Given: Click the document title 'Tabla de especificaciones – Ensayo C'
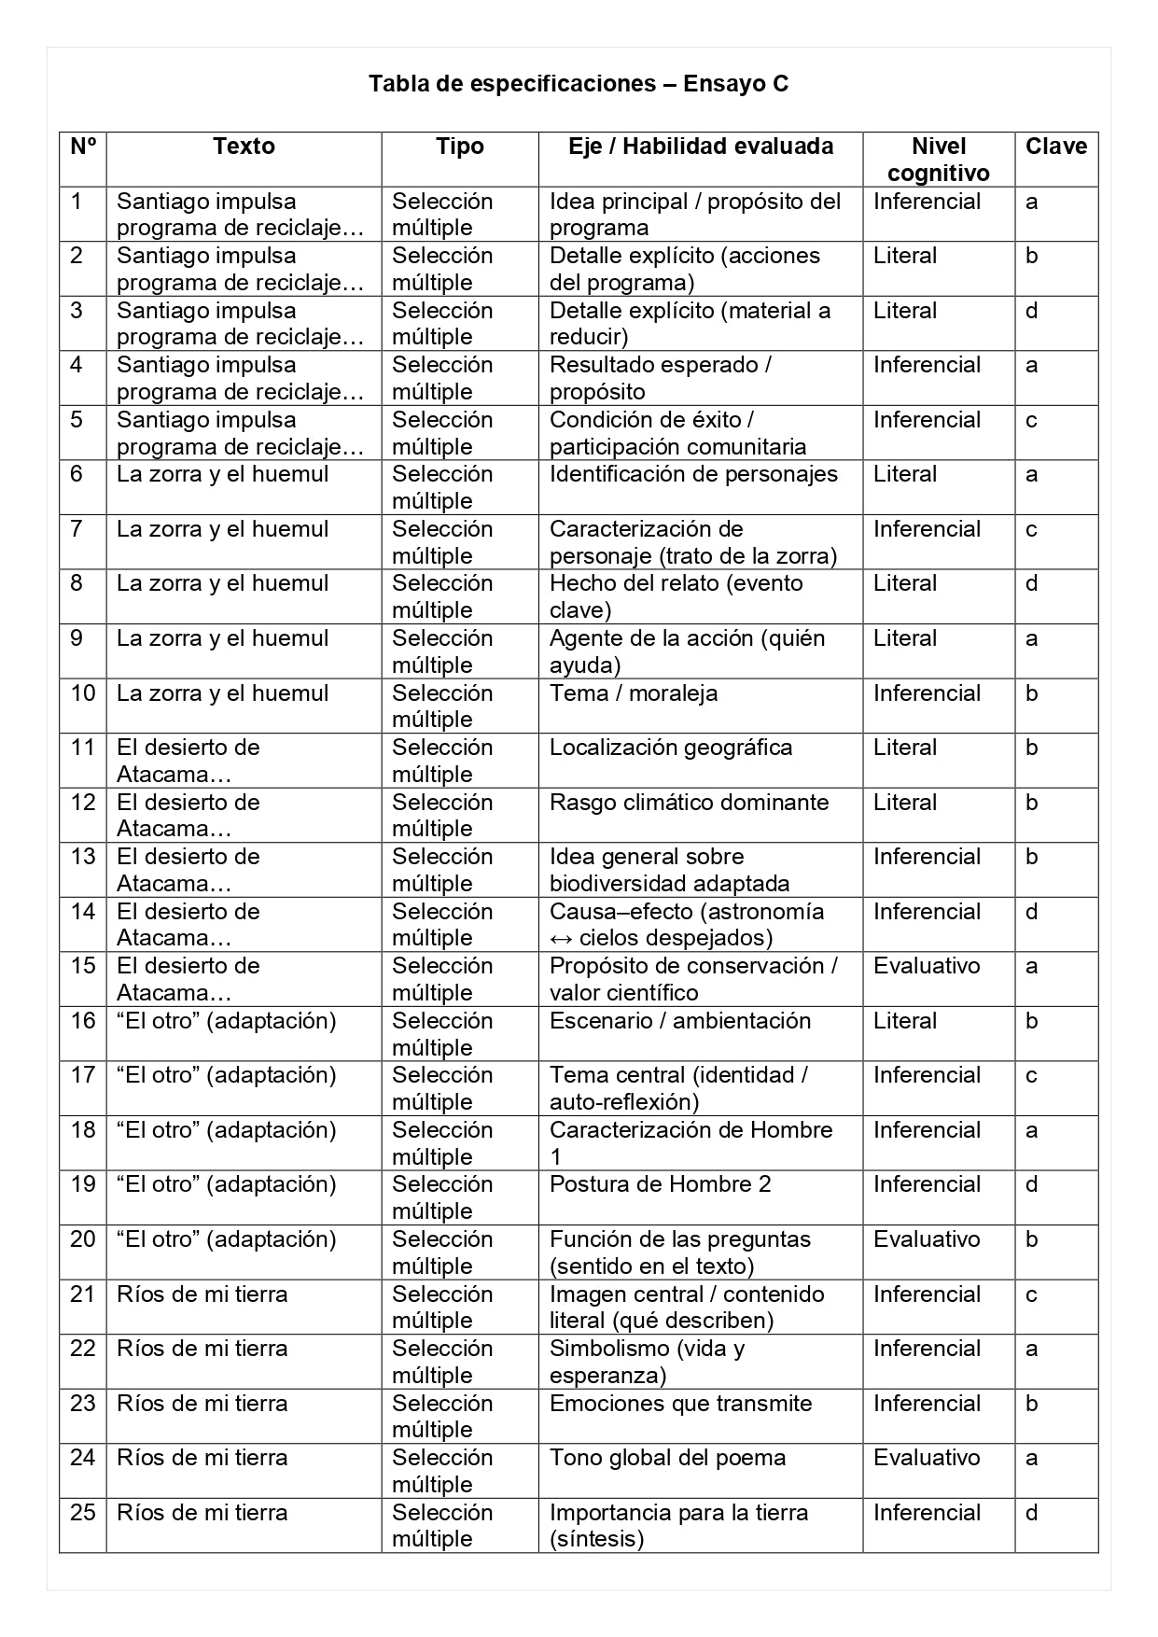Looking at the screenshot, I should pos(579,84).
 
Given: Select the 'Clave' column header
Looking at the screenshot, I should pos(1055,147).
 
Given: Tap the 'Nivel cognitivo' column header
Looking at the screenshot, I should pos(938,160).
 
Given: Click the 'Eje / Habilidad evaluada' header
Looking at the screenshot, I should pos(700,147).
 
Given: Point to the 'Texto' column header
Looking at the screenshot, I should pos(244,147).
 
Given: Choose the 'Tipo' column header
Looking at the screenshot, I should pos(459,147).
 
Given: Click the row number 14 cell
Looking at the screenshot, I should pos(83,912).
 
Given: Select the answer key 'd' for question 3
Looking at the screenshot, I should pos(1031,311).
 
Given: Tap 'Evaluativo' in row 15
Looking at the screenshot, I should pos(927,966).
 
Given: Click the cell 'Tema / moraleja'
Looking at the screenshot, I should pos(633,693).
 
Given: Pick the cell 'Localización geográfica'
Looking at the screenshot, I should pos(670,748).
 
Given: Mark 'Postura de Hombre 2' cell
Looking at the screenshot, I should pos(660,1184).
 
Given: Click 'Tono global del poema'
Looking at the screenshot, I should pos(667,1458).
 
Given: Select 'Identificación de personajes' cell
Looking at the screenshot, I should pos(693,474).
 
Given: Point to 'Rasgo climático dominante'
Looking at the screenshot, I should pos(689,803).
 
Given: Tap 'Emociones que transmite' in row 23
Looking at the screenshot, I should pos(680,1404).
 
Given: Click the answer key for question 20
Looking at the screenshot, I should pos(1031,1239).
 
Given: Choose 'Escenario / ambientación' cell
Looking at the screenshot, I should pos(679,1021).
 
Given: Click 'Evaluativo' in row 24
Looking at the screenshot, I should pos(927,1458).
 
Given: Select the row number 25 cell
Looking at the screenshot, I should pos(83,1513).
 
